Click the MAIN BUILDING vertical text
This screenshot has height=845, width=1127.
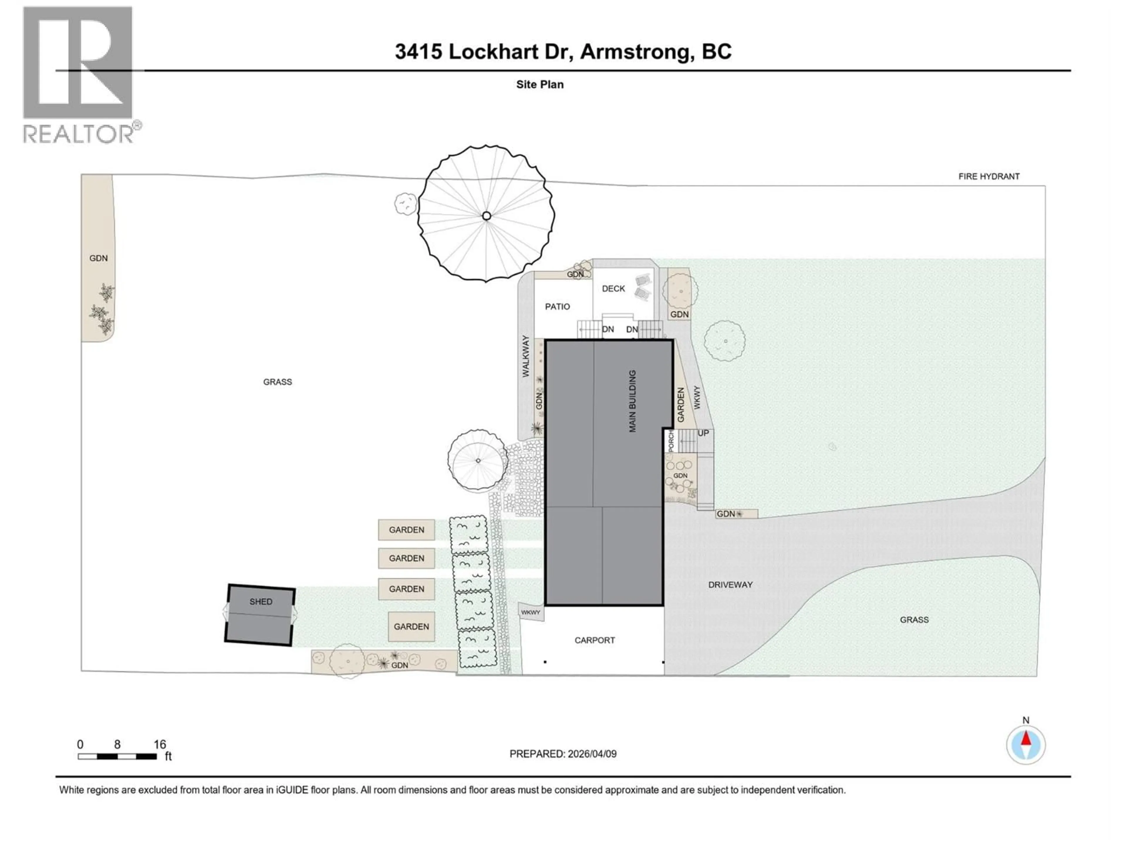click(x=632, y=401)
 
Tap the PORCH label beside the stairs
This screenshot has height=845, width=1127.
click(x=671, y=441)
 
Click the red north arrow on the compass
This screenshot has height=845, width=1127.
click(x=1026, y=738)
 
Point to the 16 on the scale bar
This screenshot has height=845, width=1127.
click(x=159, y=745)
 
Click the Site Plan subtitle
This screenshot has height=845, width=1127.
click(x=539, y=84)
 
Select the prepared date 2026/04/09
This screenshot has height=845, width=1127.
click(x=591, y=754)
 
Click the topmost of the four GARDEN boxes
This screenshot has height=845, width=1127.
click(x=406, y=530)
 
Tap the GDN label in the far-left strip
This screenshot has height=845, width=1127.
click(x=98, y=258)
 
